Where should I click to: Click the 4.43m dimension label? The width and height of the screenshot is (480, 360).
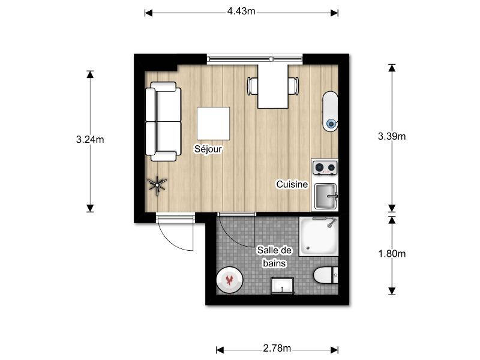point(241,11)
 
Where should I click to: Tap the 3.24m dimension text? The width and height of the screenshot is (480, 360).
point(90,140)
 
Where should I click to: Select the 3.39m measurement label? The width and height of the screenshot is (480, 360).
point(392,136)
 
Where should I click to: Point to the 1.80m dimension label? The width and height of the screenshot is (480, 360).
point(392,253)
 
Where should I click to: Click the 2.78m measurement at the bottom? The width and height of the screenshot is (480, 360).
point(277,348)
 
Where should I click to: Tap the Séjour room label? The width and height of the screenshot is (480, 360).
point(208,149)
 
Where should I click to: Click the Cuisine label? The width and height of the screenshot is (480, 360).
point(292,184)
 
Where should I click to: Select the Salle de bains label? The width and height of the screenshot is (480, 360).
point(275,257)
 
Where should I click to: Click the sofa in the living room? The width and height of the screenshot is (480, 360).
point(163,121)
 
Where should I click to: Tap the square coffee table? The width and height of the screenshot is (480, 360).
point(214,124)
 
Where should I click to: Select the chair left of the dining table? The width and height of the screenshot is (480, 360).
point(253,86)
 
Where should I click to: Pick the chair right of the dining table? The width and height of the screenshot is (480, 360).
point(293,86)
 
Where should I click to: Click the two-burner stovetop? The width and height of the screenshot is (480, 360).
point(325,168)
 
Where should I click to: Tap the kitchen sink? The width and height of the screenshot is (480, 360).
point(326,196)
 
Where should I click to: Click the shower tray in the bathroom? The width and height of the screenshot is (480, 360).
point(319,236)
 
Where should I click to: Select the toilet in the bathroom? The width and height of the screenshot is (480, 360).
point(326,275)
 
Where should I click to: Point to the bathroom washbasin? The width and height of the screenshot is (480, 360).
point(282,286)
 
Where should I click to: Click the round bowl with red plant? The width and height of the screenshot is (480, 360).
point(230,280)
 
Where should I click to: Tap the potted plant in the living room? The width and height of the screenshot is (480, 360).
point(157,186)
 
